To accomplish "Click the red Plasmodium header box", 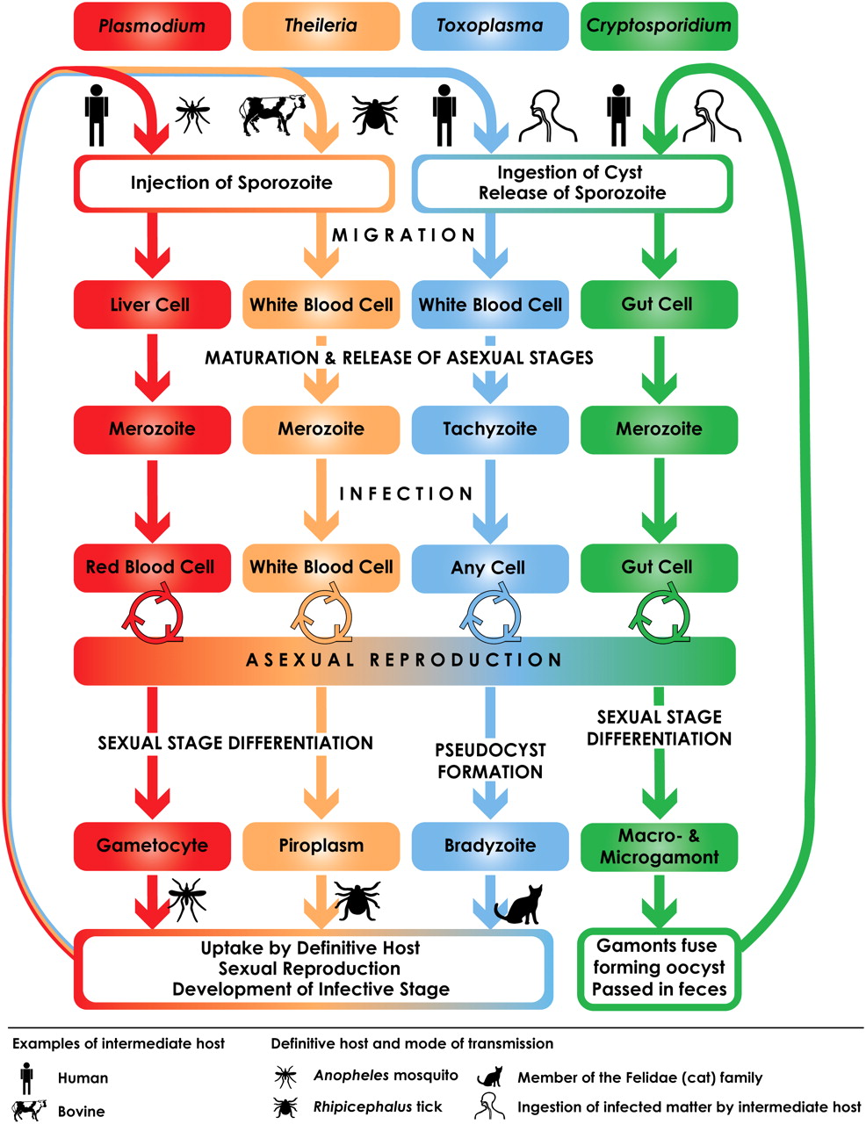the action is coord(152,25).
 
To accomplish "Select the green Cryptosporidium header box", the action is coord(659,25).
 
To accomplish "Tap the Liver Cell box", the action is coord(152,304).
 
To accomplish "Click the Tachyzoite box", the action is coord(490,429).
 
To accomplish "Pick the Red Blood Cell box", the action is coord(152,567).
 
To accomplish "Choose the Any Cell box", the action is coord(490,567).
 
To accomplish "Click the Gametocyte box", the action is coord(152,846).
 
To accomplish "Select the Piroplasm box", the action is coord(321,846).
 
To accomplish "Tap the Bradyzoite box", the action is coord(490,846).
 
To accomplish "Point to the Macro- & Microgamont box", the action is coord(659,846).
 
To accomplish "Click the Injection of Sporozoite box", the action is coord(234,184).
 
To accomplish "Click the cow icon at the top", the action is coord(272,114).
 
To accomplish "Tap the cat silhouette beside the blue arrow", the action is coord(519,904).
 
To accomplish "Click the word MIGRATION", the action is coord(403,235).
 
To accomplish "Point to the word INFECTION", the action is coord(406,494).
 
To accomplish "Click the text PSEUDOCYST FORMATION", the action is coord(490,760).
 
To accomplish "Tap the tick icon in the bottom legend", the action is coord(285,1106).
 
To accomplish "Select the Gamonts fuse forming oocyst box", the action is coord(659,968).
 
